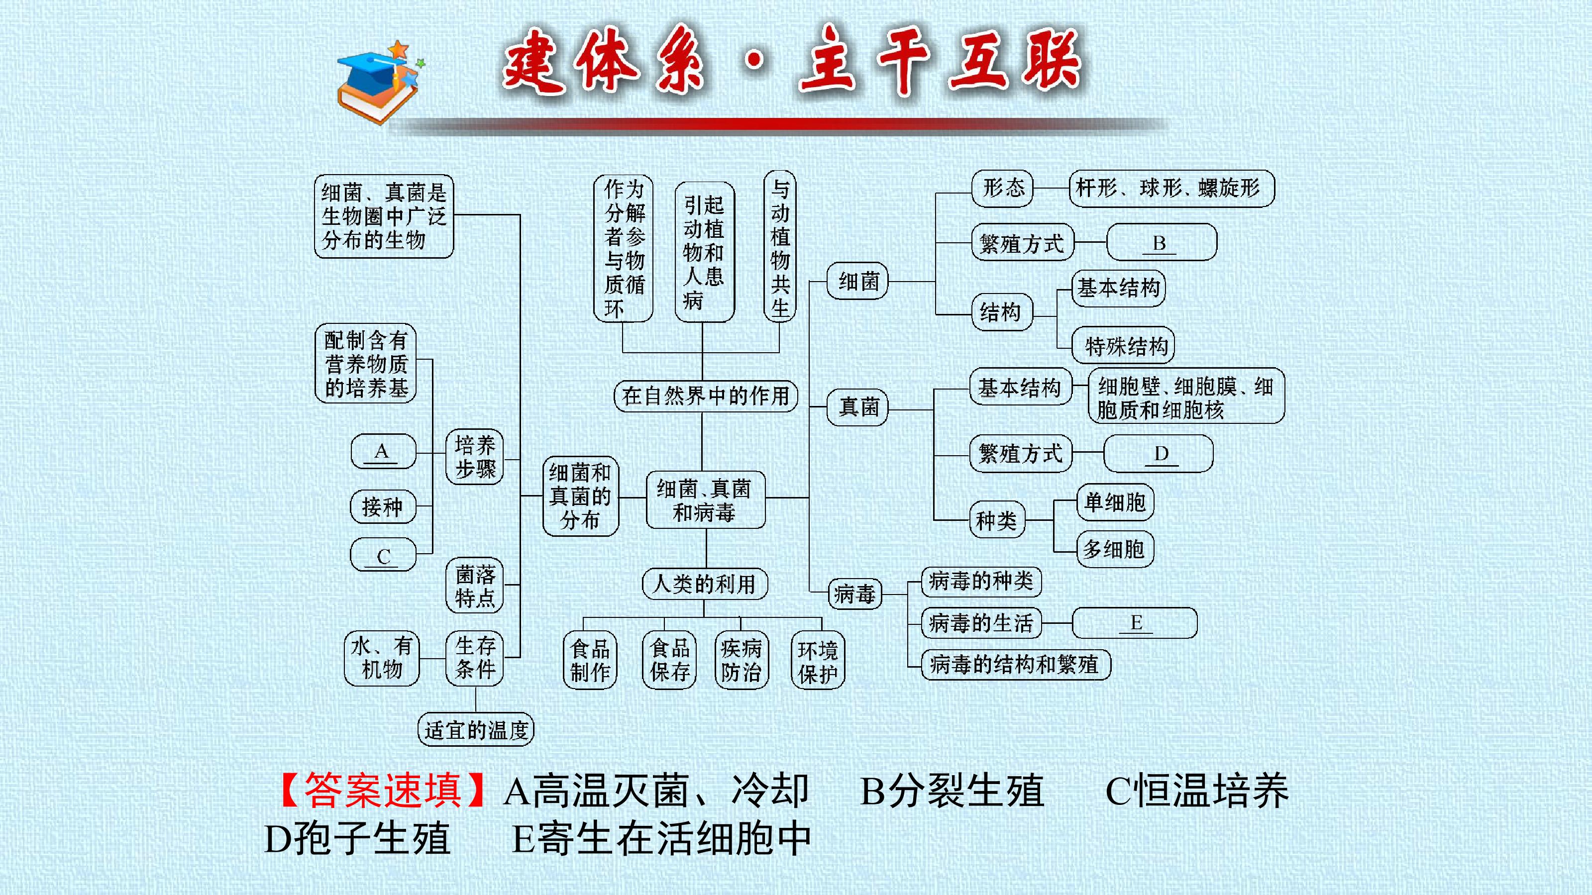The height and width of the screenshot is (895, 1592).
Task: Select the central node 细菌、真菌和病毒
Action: pyautogui.click(x=705, y=499)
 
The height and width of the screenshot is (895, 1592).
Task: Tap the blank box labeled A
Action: pyautogui.click(x=383, y=452)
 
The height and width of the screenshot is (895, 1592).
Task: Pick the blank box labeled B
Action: pyautogui.click(x=1161, y=242)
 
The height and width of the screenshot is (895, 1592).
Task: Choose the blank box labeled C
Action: pyautogui.click(x=383, y=554)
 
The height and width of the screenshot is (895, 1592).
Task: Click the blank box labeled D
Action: pyautogui.click(x=1158, y=453)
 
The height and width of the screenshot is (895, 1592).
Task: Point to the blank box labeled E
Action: pyautogui.click(x=1135, y=622)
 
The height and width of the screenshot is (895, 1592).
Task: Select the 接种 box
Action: pyautogui.click(x=383, y=506)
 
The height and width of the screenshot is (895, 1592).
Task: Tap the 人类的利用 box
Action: pyautogui.click(x=705, y=584)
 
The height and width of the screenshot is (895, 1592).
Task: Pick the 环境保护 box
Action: pyautogui.click(x=818, y=660)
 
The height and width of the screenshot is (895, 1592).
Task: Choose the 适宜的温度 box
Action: pyautogui.click(x=476, y=729)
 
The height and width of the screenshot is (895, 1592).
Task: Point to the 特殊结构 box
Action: pyautogui.click(x=1123, y=345)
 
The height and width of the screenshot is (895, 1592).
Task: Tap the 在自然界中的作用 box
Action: pyautogui.click(x=706, y=396)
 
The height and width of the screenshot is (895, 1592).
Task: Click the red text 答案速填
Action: pyautogui.click(x=383, y=790)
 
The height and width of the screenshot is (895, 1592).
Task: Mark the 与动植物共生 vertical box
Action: pyautogui.click(x=780, y=246)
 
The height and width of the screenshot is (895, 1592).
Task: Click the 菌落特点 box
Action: pyautogui.click(x=475, y=585)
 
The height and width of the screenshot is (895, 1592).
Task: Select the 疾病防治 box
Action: pyautogui.click(x=741, y=660)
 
